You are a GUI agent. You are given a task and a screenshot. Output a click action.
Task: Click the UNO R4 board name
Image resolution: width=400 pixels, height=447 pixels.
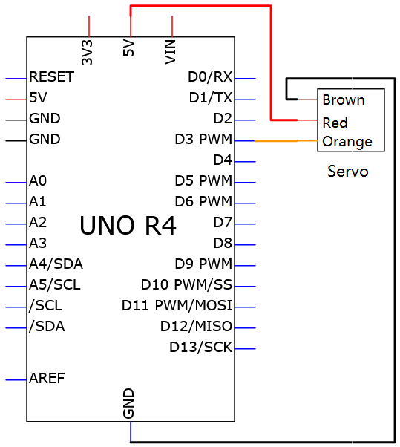pyautogui.click(x=128, y=226)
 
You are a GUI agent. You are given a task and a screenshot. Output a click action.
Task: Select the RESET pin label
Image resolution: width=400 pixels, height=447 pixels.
pyautogui.click(x=51, y=76)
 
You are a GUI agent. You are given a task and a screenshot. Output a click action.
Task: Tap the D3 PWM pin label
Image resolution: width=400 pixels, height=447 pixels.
pyautogui.click(x=203, y=139)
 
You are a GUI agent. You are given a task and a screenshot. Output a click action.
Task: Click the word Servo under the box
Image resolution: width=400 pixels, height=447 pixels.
pyautogui.click(x=348, y=172)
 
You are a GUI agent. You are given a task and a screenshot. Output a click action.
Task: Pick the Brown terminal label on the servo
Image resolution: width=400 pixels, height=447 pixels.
pyautogui.click(x=344, y=100)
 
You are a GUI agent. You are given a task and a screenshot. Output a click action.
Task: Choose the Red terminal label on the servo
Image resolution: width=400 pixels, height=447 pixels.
pyautogui.click(x=335, y=123)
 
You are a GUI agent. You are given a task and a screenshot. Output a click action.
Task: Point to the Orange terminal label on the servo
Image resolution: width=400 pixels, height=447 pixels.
pyautogui.click(x=347, y=142)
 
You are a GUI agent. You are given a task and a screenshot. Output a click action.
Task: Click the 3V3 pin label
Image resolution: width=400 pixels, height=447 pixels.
pyautogui.click(x=87, y=53)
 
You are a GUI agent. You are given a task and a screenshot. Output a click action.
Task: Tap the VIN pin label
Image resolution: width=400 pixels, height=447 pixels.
pyautogui.click(x=170, y=52)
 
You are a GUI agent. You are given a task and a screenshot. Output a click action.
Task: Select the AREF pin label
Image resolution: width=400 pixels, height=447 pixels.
pyautogui.click(x=47, y=378)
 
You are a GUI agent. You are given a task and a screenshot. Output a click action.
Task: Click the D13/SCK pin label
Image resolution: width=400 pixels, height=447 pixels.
pyautogui.click(x=200, y=348)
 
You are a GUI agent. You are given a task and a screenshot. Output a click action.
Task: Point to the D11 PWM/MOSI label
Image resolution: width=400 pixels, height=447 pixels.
pyautogui.click(x=177, y=306)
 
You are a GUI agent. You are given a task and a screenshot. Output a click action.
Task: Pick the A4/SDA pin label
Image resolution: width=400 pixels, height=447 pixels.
pyautogui.click(x=56, y=264)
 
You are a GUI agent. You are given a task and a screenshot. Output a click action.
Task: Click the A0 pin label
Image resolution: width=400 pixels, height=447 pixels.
pyautogui.click(x=38, y=180)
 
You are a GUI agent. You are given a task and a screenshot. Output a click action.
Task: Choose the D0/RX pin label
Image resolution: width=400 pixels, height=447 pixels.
pyautogui.click(x=210, y=76)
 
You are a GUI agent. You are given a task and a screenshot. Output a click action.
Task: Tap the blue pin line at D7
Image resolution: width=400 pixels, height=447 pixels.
pyautogui.click(x=245, y=224)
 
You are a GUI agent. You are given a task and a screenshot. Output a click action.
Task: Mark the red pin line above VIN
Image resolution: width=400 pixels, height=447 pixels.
pyautogui.click(x=172, y=26)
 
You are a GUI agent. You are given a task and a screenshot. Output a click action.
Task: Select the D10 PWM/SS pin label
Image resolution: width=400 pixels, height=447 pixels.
pyautogui.click(x=186, y=285)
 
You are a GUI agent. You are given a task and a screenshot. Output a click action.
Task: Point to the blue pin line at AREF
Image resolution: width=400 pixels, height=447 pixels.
pyautogui.click(x=16, y=380)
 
